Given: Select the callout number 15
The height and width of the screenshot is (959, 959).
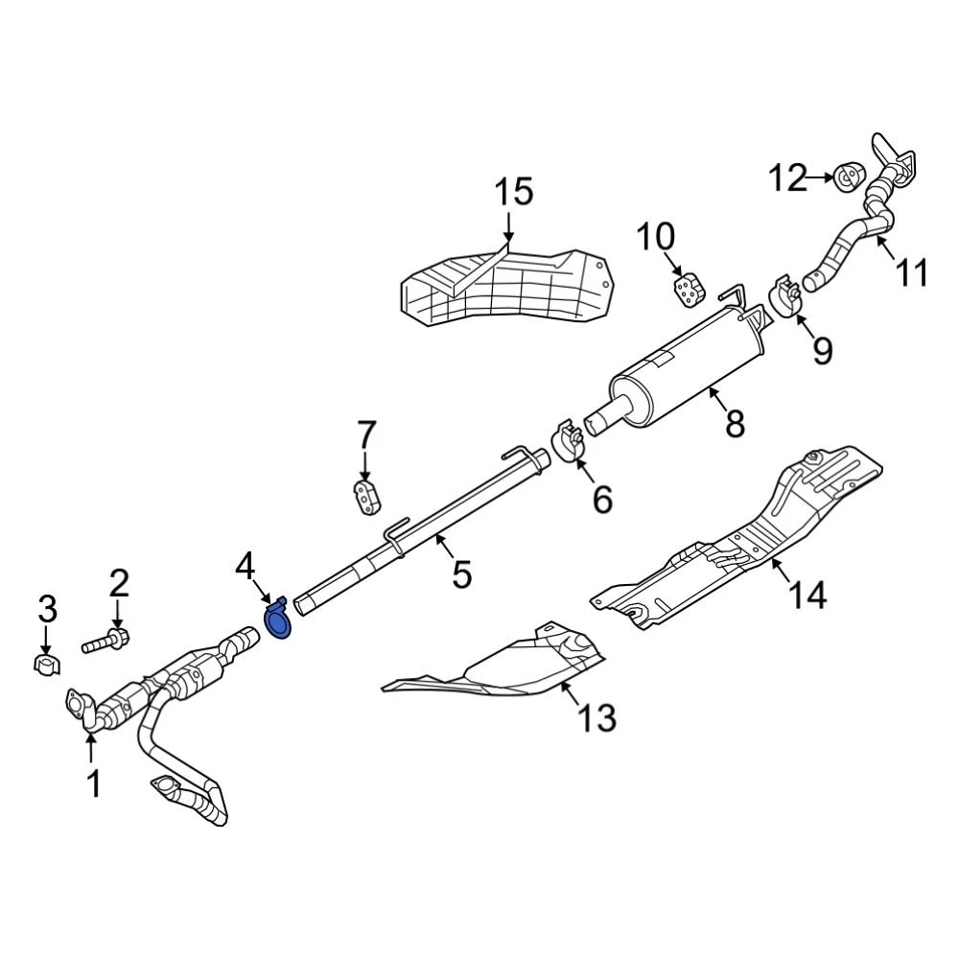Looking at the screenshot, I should [x=513, y=191].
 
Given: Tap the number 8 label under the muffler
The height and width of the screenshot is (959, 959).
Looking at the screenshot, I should [x=735, y=423].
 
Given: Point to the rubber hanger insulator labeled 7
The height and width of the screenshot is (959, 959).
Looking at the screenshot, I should [x=365, y=498].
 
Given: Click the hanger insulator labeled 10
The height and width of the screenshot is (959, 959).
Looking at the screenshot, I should [x=688, y=290].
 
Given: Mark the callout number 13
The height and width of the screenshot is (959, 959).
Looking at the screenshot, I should [x=596, y=716].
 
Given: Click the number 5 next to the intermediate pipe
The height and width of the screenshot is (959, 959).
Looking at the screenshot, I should [x=462, y=574].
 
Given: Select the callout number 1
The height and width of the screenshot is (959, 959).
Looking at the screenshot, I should [x=93, y=784].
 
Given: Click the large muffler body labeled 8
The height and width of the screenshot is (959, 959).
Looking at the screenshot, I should [x=690, y=369].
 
